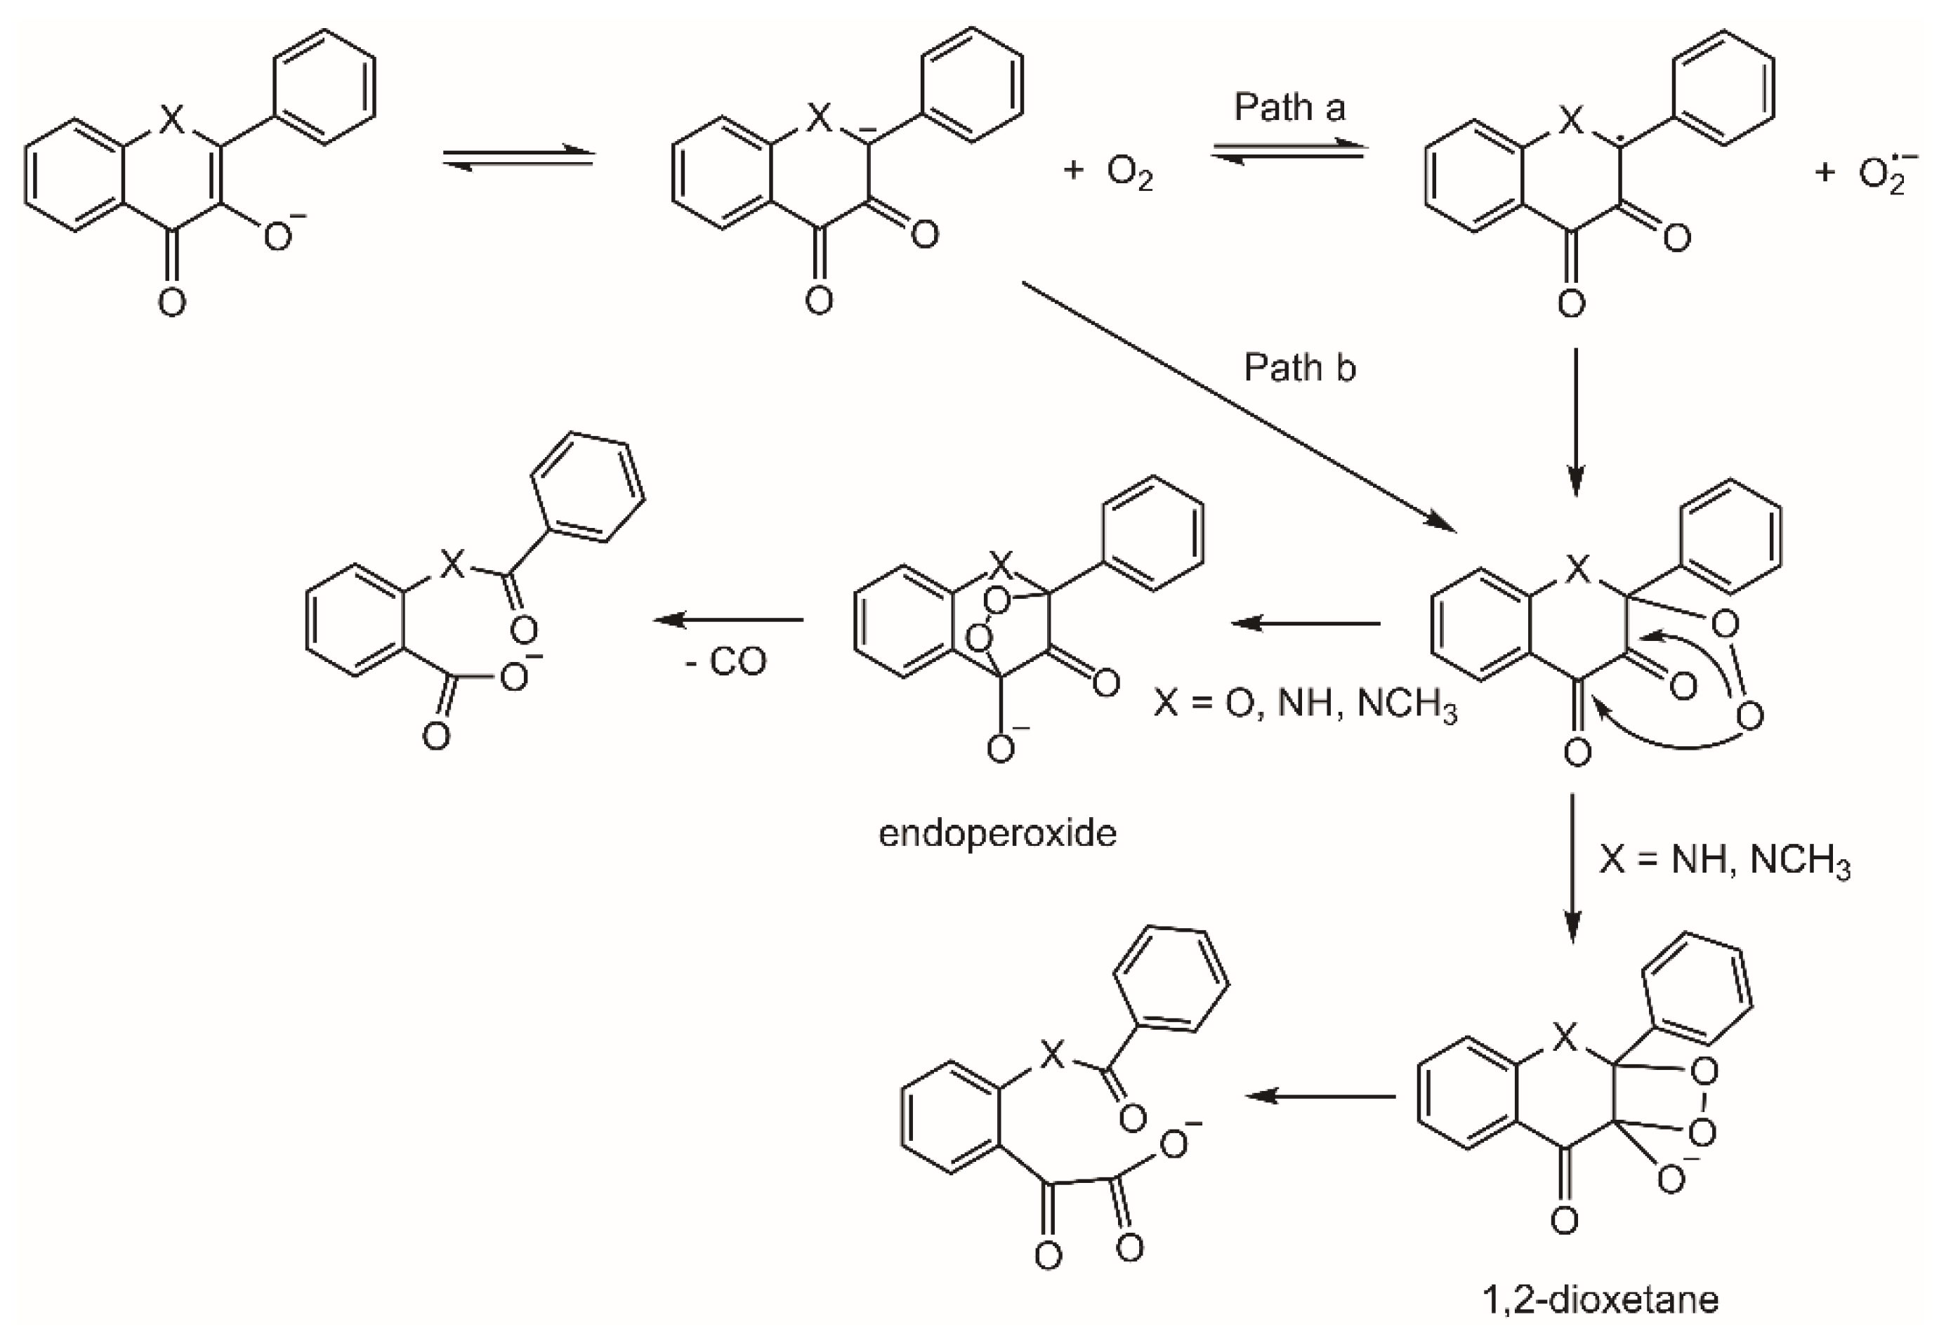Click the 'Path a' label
1289,107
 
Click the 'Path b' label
1299,368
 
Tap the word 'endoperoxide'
997,833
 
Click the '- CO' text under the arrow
726,661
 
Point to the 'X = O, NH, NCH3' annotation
1304,703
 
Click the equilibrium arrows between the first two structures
518,157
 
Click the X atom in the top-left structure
171,119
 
